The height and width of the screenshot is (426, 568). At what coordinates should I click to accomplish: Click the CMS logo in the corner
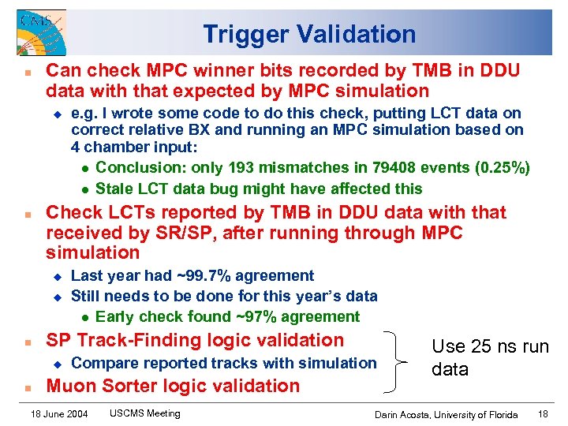(x=40, y=32)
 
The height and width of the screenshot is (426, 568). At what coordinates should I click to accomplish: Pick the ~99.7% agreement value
(x=196, y=275)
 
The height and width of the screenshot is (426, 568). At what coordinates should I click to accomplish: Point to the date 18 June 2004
(x=59, y=413)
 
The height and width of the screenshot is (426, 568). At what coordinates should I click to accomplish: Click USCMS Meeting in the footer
(x=144, y=413)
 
